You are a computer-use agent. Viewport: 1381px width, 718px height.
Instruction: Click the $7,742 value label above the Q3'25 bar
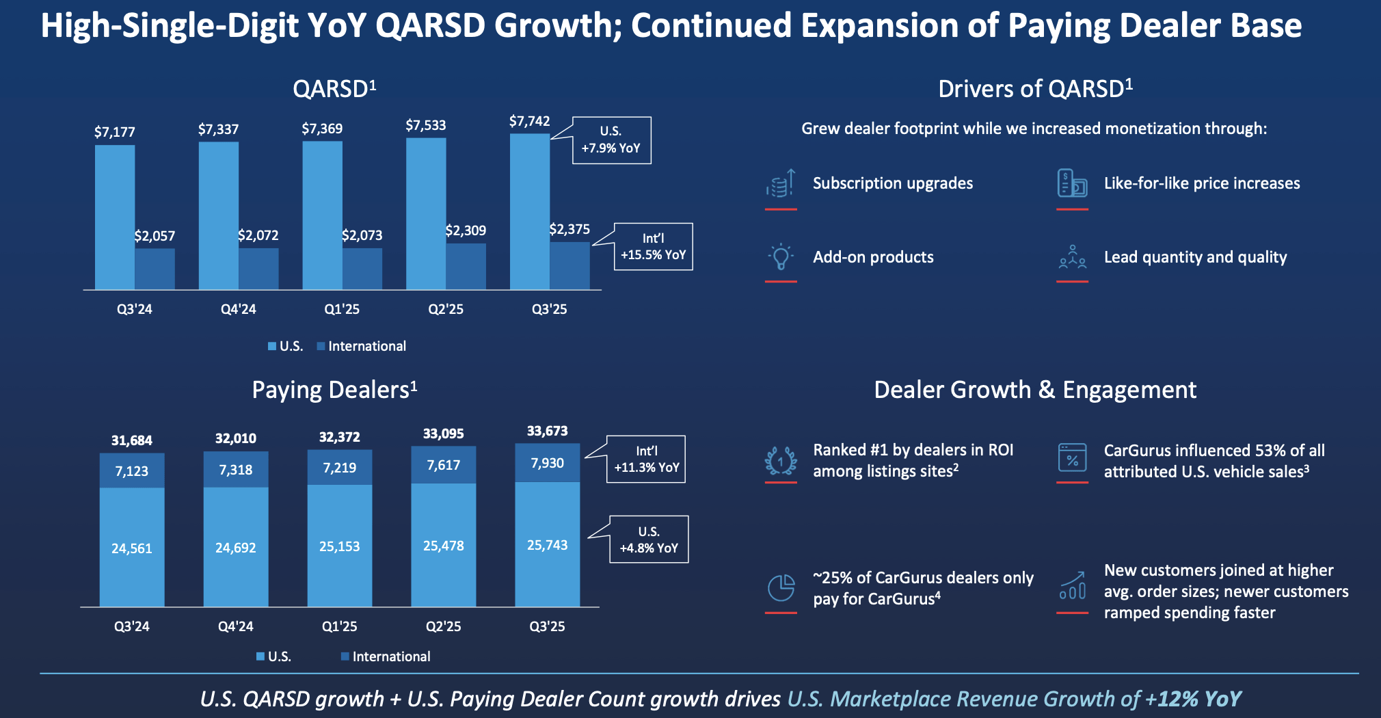click(529, 121)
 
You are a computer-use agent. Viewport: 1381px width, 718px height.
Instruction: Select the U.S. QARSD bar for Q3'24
click(115, 217)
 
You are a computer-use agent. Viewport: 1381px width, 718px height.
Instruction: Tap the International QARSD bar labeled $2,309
click(466, 266)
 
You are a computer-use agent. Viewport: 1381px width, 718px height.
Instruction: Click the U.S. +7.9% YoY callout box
click(611, 140)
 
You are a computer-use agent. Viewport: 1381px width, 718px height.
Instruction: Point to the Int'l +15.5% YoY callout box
click(653, 247)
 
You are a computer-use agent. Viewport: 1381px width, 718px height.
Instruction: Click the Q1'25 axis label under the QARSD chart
click(342, 309)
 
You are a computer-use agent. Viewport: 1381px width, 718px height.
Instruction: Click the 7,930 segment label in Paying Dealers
click(547, 463)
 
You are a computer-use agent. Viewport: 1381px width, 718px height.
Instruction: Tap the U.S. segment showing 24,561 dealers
click(132, 547)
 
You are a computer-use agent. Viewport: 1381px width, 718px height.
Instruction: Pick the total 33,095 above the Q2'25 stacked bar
click(443, 434)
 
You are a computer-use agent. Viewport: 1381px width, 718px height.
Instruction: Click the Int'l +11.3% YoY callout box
click(646, 460)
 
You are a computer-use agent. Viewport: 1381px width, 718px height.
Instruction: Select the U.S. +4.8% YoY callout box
click(648, 540)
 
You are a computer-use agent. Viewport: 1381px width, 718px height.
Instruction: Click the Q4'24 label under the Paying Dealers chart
click(235, 626)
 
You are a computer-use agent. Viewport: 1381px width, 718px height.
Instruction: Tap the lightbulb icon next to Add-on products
click(781, 257)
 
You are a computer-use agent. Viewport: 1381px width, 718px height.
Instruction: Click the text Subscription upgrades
click(892, 183)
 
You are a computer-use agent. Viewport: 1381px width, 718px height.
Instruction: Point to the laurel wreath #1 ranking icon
click(781, 461)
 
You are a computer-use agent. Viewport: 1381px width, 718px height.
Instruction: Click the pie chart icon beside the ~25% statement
click(781, 587)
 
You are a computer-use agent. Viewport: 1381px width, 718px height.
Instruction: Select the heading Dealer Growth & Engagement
click(1035, 390)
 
